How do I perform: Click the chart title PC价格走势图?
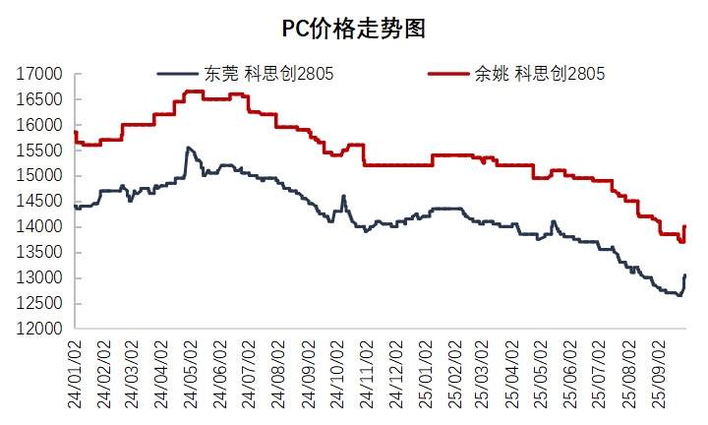pyautogui.click(x=353, y=28)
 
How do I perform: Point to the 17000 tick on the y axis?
pyautogui.click(x=41, y=74)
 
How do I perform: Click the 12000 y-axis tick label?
pyautogui.click(x=41, y=329)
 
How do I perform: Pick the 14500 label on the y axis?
pyautogui.click(x=41, y=201)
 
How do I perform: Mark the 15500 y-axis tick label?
pyautogui.click(x=41, y=151)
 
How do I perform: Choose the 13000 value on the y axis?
pyautogui.click(x=41, y=277)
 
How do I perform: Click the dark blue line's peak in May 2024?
pyautogui.click(x=187, y=148)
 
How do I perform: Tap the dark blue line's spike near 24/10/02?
pyautogui.click(x=343, y=196)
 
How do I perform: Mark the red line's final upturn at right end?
pyautogui.click(x=684, y=227)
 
